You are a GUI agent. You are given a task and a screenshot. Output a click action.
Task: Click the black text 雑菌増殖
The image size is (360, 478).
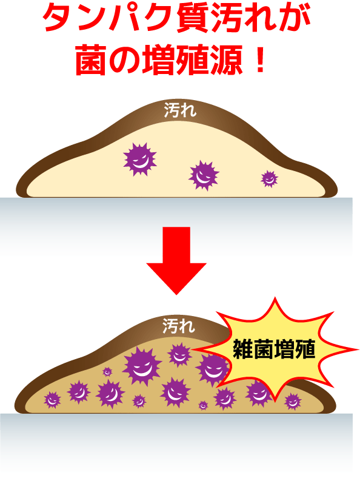click(x=274, y=349)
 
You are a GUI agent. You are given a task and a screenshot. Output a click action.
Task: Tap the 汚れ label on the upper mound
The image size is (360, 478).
click(x=180, y=110)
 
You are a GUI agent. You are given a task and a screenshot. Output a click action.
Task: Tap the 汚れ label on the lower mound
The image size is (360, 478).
click(x=178, y=326)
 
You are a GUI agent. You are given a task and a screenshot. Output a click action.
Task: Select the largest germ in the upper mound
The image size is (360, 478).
click(x=140, y=160)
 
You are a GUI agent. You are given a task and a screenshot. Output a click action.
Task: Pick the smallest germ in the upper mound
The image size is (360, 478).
click(x=269, y=178)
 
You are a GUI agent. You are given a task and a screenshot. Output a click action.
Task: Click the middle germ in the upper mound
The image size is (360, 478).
click(x=204, y=175)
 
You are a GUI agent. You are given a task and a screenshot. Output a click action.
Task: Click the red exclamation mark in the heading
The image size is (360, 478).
click(x=261, y=61)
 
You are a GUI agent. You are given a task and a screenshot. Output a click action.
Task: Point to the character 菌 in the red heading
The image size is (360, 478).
click(x=91, y=60)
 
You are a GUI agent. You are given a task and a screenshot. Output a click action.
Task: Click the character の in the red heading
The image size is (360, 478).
click(x=124, y=61)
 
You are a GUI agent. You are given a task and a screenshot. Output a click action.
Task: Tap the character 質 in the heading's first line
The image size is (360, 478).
click(x=193, y=18)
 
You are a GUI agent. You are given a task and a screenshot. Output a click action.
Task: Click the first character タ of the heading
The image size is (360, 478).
click(x=59, y=18)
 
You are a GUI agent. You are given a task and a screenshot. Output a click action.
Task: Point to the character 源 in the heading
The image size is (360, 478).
click(x=226, y=60)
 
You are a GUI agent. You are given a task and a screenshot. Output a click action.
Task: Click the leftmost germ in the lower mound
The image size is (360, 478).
click(x=52, y=400)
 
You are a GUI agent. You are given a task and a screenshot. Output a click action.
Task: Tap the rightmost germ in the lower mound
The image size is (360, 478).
click(x=293, y=402)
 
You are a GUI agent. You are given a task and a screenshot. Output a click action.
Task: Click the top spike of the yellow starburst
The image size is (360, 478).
click(x=275, y=298)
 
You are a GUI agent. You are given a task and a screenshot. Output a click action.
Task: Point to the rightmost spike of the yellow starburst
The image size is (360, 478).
click(x=357, y=349)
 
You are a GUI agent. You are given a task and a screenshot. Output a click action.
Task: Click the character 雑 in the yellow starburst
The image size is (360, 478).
click(x=243, y=349)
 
